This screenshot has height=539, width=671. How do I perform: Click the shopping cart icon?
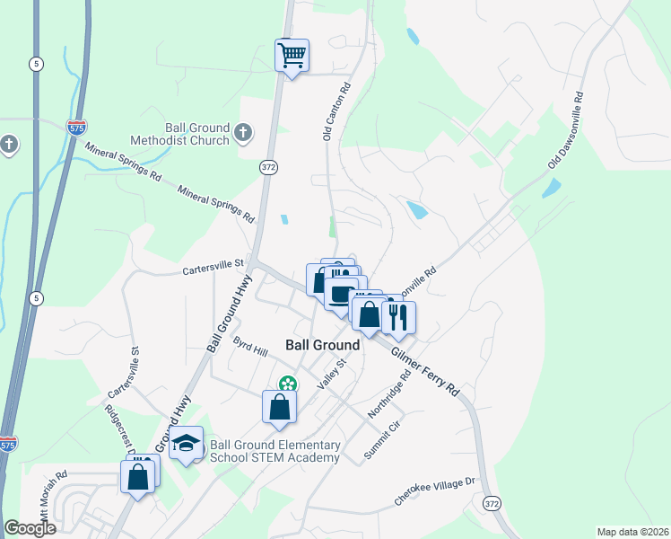292,56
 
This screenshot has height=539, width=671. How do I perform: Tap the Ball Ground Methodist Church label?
179,135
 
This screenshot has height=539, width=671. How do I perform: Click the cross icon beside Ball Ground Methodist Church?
242,134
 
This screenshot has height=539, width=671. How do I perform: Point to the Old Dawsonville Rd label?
567,131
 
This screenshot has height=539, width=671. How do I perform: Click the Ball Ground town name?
322,345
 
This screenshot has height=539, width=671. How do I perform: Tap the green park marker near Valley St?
287,384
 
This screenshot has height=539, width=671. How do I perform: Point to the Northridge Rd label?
388,396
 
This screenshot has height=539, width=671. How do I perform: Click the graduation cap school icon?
187,445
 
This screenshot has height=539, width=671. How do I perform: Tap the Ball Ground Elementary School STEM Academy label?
274,452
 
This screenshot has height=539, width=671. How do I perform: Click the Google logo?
30,528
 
